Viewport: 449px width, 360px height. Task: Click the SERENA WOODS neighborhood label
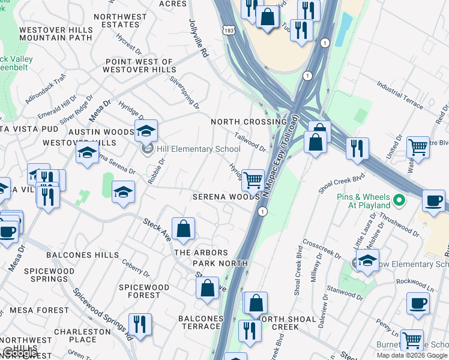(x=226, y=197)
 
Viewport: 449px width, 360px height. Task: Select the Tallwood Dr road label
(x=250, y=142)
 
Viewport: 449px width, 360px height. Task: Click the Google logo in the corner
(x=20, y=353)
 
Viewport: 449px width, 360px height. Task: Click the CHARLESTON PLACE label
(x=82, y=335)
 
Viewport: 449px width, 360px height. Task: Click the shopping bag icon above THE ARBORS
(x=183, y=229)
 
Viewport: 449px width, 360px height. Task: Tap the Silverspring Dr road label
(x=184, y=91)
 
